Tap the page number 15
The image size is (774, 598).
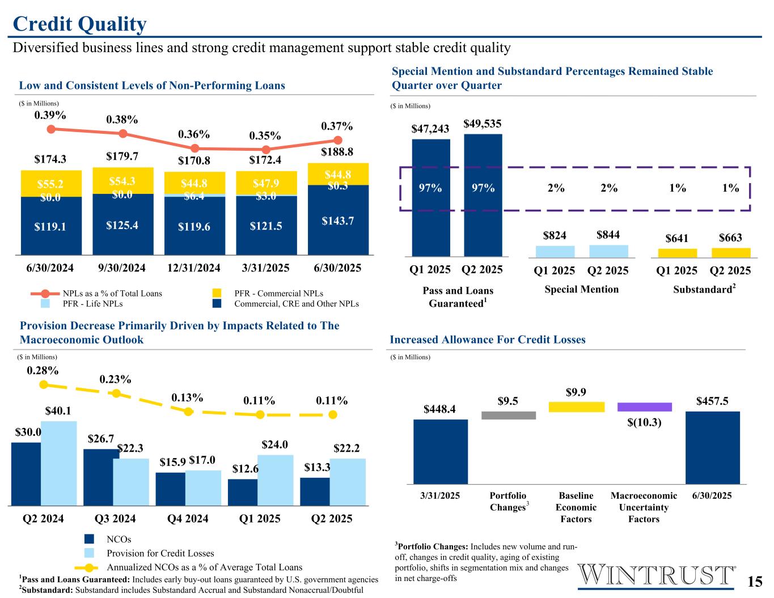tap(754, 582)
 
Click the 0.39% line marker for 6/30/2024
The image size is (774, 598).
tap(51, 129)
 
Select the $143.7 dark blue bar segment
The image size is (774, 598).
tap(338, 220)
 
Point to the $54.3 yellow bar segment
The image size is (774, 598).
tap(122, 181)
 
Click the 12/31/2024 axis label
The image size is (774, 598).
tap(194, 268)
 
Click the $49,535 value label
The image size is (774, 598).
tap(483, 124)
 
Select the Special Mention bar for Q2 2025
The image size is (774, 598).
tap(608, 251)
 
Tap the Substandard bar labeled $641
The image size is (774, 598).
tap(677, 253)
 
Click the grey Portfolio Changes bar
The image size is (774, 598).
tap(508, 415)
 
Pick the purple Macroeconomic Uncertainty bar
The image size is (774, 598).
tap(644, 407)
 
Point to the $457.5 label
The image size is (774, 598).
tap(712, 401)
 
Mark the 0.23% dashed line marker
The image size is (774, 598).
tap(116, 393)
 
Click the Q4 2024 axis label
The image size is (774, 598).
tap(188, 518)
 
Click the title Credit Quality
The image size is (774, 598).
tap(79, 24)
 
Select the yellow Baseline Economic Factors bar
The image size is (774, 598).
tap(576, 407)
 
